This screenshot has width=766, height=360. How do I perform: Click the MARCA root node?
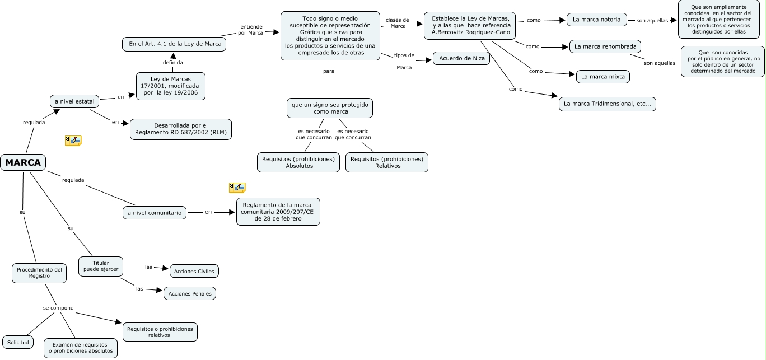23,162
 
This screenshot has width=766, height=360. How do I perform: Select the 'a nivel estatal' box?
74,101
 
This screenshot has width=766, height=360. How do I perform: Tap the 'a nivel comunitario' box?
155,213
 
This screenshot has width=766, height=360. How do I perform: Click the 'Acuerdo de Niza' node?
461,58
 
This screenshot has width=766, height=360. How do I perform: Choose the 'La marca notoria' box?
596,20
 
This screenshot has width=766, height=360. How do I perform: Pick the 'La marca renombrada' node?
605,46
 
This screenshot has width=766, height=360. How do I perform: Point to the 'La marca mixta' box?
603,77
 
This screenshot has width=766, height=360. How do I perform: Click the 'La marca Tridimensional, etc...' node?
608,104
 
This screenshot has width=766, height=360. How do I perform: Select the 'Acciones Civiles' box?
194,271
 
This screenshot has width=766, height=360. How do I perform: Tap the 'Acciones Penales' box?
190,293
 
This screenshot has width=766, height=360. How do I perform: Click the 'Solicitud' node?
18,342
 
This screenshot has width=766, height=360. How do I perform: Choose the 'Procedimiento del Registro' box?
39,273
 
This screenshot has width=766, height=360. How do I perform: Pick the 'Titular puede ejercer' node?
101,267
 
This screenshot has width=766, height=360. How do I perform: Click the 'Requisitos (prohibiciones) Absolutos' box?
298,162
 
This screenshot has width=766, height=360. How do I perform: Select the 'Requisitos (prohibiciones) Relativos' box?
387,162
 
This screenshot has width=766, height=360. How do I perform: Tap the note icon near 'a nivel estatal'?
73,141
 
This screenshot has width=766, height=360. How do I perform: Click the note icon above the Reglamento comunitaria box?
237,188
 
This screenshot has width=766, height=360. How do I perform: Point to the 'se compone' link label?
58,308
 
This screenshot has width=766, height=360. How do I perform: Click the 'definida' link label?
172,63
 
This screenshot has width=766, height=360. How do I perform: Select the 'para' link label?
329,71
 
